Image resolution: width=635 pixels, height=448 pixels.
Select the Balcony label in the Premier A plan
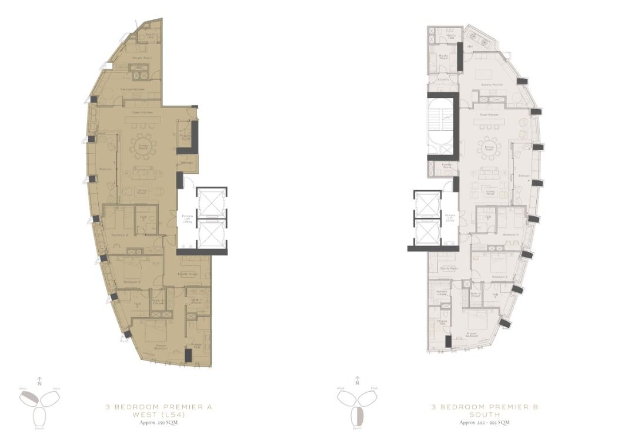pos(105,169)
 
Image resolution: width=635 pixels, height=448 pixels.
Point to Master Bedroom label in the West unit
pos(153,345)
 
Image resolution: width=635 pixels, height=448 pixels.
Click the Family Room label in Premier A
pos(188,274)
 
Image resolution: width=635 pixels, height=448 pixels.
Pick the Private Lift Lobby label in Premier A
pos(188,220)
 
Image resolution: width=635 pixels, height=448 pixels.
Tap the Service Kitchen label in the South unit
pos(493,85)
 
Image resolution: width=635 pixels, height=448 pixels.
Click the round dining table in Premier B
pos(489,147)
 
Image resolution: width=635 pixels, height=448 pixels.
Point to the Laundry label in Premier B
pos(444,79)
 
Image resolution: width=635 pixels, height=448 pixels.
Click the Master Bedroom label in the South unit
pos(471,335)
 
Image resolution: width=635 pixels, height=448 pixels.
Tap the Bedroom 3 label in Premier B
pos(499,276)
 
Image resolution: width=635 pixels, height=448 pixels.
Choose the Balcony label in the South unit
pos(524,176)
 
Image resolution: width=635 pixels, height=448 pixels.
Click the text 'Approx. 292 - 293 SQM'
pos(484,423)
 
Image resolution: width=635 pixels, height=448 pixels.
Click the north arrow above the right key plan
pos(357,380)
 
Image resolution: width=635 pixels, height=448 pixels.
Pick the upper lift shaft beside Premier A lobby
pos(211,202)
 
